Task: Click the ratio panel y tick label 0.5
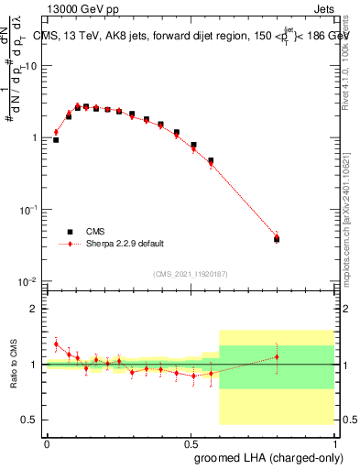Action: coord(30,420)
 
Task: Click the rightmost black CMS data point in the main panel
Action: coord(277,239)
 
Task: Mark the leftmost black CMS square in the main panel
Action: coord(56,140)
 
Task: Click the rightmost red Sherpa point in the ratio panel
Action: coord(277,356)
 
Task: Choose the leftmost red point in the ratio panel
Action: coord(56,344)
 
